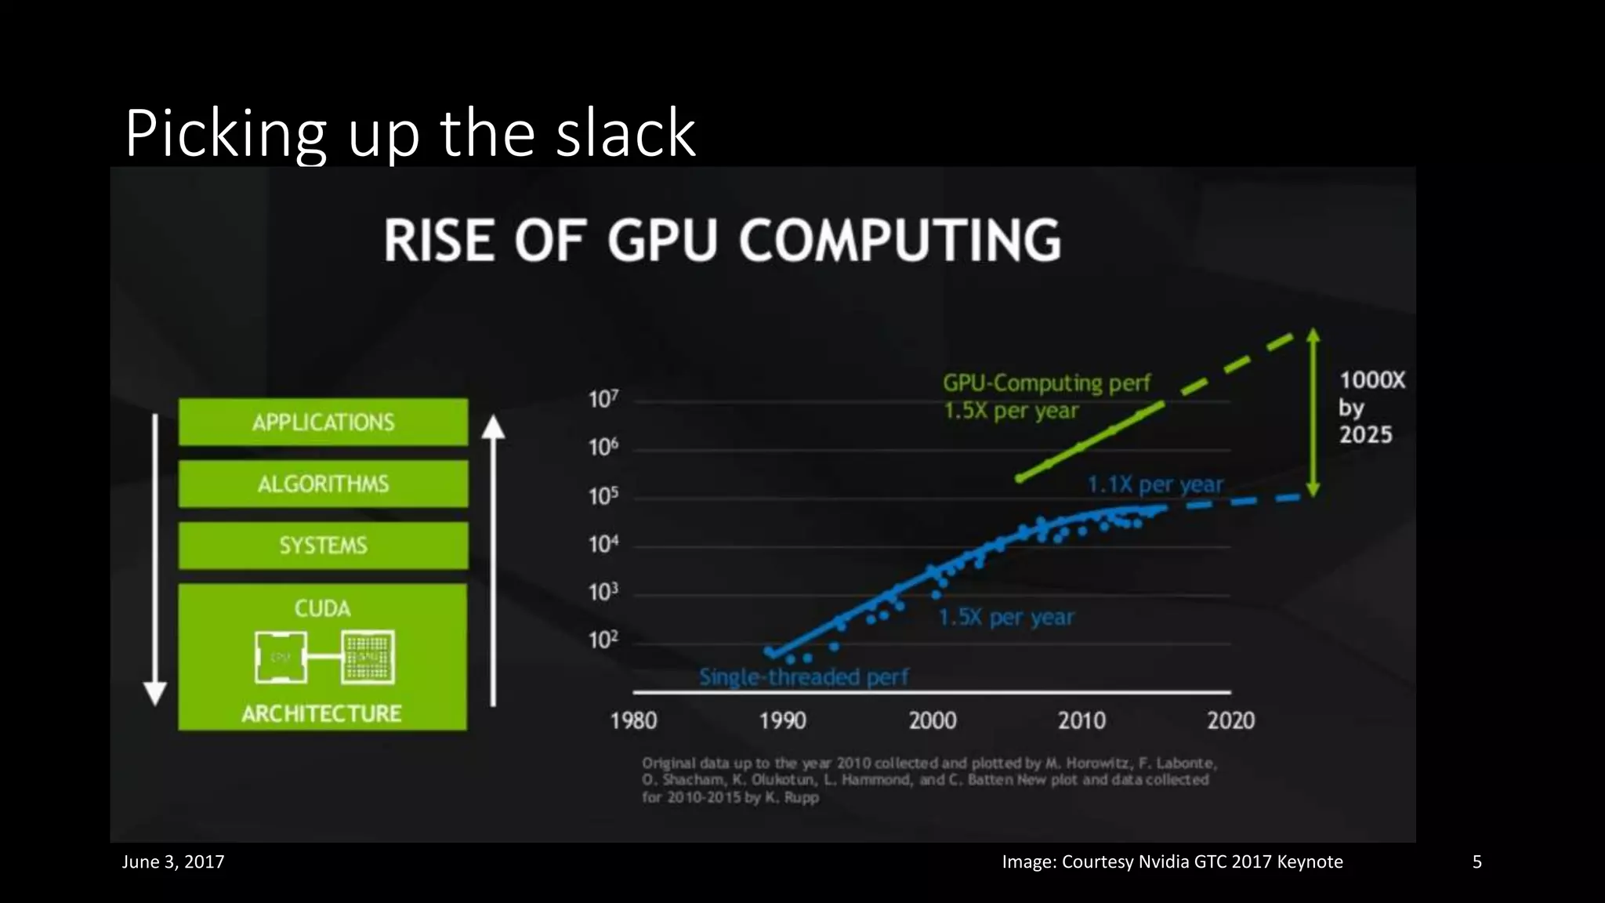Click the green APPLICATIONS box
[x=323, y=422]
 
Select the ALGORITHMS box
[x=323, y=484]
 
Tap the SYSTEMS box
[x=323, y=546]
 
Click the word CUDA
[x=322, y=609]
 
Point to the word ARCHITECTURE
[x=321, y=714]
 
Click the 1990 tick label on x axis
[x=782, y=721]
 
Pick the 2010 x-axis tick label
[x=1081, y=721]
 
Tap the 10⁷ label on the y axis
[x=603, y=400]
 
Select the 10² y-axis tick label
[x=603, y=640]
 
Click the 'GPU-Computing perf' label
[x=1046, y=383]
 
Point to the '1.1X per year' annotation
[x=1154, y=485]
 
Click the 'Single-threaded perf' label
[x=803, y=677]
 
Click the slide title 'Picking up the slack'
[x=410, y=133]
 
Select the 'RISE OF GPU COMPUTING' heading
[x=722, y=240]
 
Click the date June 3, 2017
[x=173, y=862]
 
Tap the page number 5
[x=1476, y=862]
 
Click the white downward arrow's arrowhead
[x=155, y=693]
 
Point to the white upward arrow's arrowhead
[x=493, y=427]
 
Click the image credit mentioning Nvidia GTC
[x=1172, y=862]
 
